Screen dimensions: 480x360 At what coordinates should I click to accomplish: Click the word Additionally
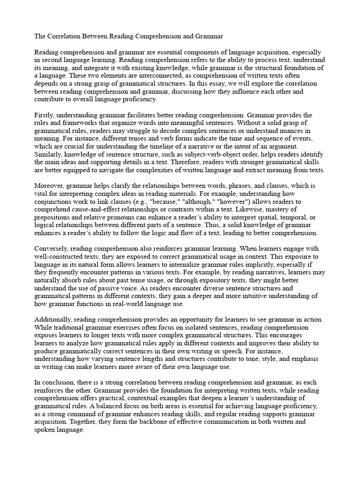54,320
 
